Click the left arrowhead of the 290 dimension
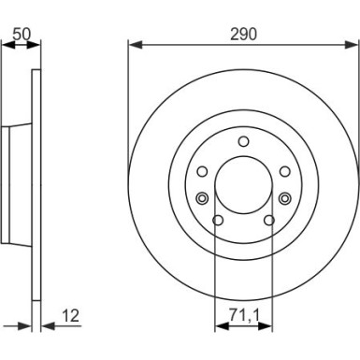point(132,44)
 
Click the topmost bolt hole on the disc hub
point(243,141)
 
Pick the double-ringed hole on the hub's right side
point(286,196)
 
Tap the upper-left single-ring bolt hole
point(202,170)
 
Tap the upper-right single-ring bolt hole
point(284,170)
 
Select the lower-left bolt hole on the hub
point(218,221)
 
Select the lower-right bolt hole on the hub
point(268,221)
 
